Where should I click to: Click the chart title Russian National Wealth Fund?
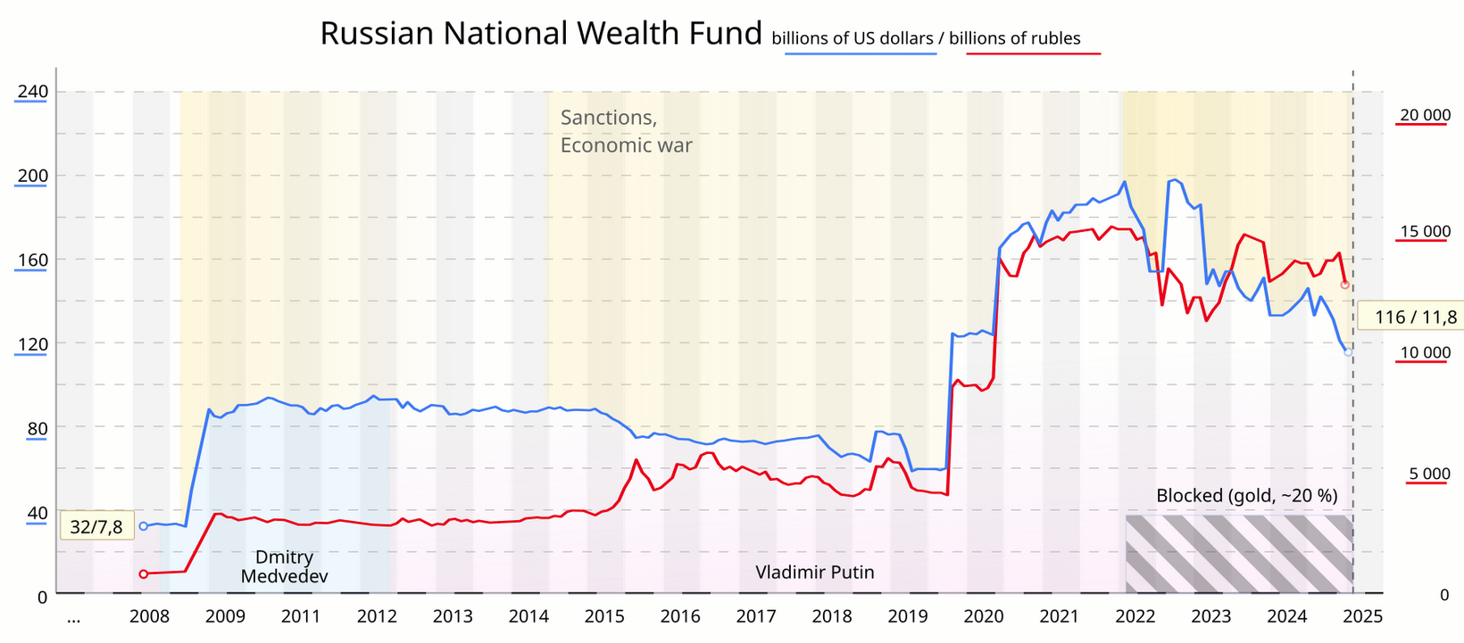click(541, 34)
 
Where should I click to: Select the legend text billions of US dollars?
click(852, 38)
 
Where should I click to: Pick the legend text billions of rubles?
click(1015, 38)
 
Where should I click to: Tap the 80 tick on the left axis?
click(37, 429)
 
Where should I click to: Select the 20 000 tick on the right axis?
click(1425, 115)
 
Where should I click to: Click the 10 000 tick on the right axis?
click(1425, 353)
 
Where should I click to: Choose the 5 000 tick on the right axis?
click(1429, 474)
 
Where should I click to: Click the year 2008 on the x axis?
click(149, 617)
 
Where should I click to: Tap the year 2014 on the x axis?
click(528, 617)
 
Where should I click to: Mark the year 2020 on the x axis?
click(984, 617)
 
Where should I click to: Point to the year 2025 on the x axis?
click(1363, 617)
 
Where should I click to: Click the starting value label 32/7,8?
click(96, 527)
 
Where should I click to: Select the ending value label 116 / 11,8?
click(1415, 317)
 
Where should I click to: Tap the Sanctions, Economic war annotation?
click(626, 131)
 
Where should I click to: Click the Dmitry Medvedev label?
click(285, 567)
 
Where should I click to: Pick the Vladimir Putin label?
click(814, 573)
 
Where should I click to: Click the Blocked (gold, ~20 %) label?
click(1246, 496)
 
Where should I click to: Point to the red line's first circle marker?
click(144, 574)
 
